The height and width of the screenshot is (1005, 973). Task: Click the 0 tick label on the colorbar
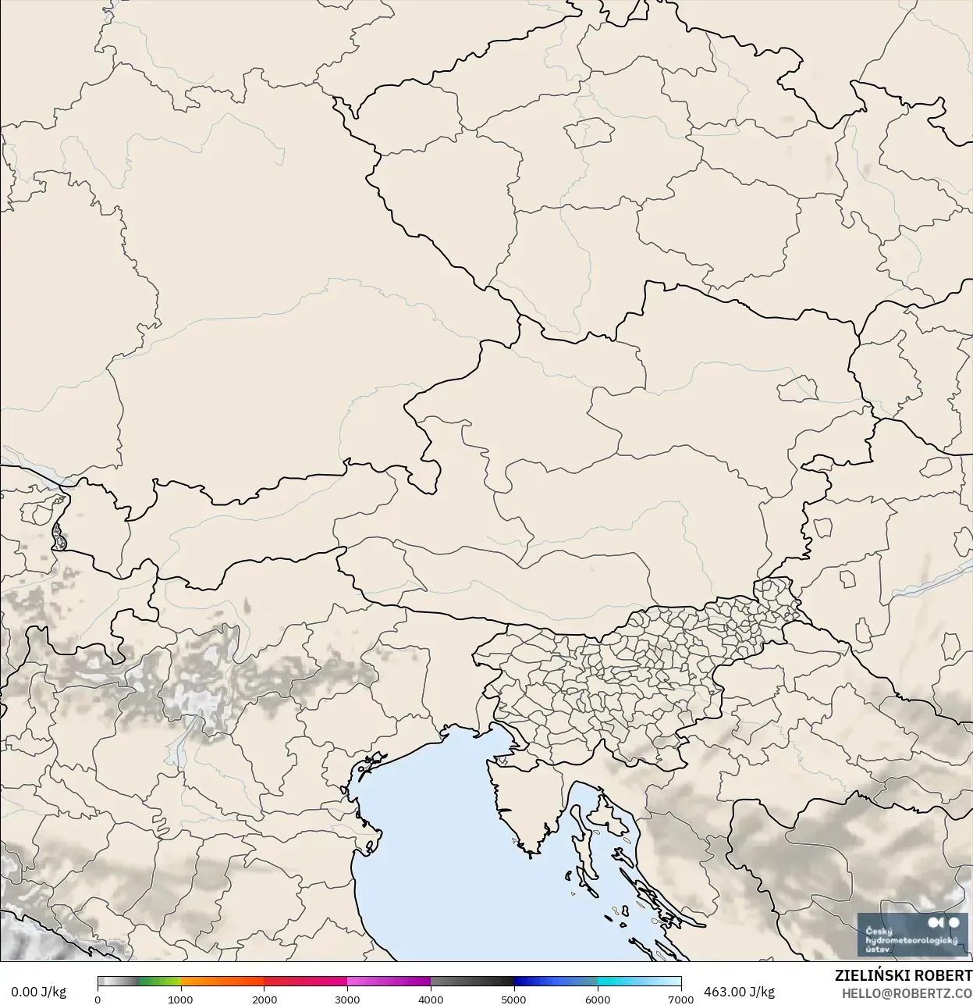coord(98,999)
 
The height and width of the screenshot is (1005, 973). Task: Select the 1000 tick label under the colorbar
coord(180,999)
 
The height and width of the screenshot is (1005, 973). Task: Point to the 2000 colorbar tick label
coord(265,999)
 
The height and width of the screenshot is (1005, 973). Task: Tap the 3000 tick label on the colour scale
coord(347,999)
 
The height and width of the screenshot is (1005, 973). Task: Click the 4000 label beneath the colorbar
coord(431,999)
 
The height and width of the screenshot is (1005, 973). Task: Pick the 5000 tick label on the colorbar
coord(513,999)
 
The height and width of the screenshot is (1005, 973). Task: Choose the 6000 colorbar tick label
coord(598,999)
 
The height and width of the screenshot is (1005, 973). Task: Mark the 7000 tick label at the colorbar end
coord(680,999)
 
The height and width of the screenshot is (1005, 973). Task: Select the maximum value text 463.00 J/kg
coord(739,992)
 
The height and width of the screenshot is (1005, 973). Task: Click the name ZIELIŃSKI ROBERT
coord(903,976)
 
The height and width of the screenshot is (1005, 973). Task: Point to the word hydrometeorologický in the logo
coord(911,940)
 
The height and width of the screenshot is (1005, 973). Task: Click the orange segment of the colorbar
coord(222,982)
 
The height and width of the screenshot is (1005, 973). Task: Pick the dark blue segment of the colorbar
coord(538,982)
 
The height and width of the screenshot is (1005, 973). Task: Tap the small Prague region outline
coord(591,132)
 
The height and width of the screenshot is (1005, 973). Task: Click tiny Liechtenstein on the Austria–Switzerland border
coord(57,536)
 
